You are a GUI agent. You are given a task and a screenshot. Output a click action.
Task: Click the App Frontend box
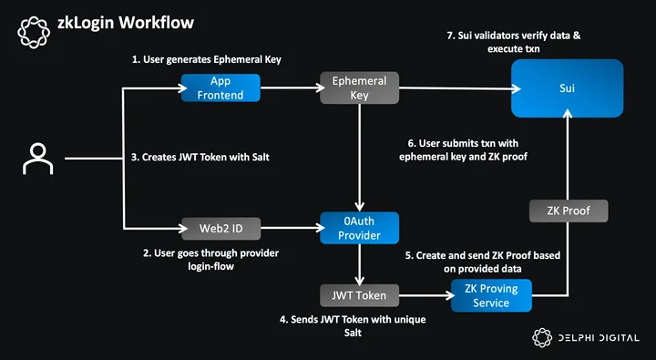click(220, 87)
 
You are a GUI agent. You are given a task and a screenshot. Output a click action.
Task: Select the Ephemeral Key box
click(359, 87)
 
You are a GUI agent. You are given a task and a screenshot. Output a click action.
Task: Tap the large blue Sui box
click(568, 88)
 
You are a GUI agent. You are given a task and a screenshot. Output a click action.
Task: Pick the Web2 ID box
click(220, 229)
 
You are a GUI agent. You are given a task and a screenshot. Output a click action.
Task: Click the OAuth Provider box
click(359, 228)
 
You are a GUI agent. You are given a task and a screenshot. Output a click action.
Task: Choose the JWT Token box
click(359, 295)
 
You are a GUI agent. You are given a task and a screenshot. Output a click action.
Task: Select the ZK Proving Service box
click(491, 295)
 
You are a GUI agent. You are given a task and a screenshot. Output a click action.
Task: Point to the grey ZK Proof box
click(569, 211)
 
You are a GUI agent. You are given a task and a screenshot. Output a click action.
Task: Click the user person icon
click(37, 159)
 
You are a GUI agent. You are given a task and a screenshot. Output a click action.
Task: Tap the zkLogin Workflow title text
click(126, 22)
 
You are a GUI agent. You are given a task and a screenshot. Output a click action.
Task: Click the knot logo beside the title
click(34, 32)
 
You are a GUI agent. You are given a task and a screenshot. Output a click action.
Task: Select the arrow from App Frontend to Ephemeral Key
click(292, 87)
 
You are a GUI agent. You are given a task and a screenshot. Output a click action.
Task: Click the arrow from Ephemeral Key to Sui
click(460, 88)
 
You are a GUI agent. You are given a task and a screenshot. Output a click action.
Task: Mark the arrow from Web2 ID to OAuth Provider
click(292, 228)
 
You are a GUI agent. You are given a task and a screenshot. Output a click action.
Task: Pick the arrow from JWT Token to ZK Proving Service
click(426, 295)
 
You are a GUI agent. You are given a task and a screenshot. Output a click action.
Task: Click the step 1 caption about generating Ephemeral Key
click(207, 59)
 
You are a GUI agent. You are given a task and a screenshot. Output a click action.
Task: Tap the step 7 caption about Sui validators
click(514, 42)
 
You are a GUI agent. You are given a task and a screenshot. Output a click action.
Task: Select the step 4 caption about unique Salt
click(353, 326)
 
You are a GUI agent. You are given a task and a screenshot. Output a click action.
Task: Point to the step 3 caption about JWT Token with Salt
click(200, 158)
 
